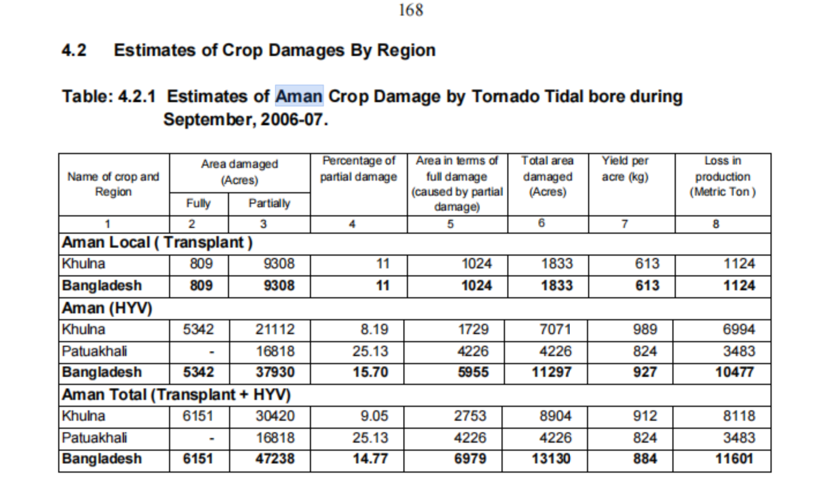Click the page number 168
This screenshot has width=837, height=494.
pyautogui.click(x=410, y=10)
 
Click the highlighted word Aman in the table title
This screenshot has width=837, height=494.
pyautogui.click(x=299, y=96)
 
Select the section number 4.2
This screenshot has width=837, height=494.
pyautogui.click(x=74, y=50)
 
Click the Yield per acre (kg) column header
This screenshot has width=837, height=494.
pyautogui.click(x=625, y=169)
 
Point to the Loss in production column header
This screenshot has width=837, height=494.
pyautogui.click(x=722, y=176)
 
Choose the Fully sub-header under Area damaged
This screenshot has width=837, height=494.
pyautogui.click(x=198, y=203)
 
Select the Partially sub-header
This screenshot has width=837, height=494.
pyautogui.click(x=269, y=203)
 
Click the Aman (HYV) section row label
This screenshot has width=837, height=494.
pyautogui.click(x=107, y=308)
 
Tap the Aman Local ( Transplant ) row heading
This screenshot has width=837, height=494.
pyautogui.click(x=157, y=242)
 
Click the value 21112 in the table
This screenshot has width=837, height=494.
pyautogui.click(x=275, y=330)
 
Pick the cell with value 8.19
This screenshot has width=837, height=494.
pyautogui.click(x=374, y=330)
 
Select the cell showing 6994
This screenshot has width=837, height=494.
pyautogui.click(x=739, y=330)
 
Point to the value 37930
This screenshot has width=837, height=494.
pyautogui.click(x=275, y=372)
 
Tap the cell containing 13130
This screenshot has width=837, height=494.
pyautogui.click(x=551, y=459)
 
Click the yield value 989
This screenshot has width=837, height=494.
pyautogui.click(x=645, y=330)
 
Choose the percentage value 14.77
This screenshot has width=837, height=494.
pyautogui.click(x=371, y=459)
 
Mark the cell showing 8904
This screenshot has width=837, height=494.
pyautogui.click(x=555, y=416)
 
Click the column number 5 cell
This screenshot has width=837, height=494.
pyautogui.click(x=450, y=224)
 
